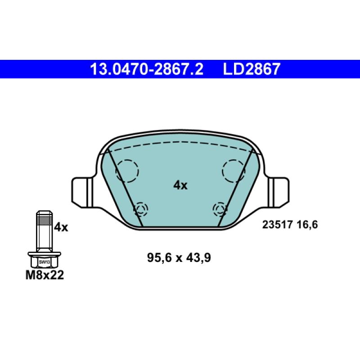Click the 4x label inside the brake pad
click(180, 185)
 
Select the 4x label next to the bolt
click(60, 228)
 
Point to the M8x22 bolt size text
click(44, 275)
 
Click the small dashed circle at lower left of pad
click(141, 208)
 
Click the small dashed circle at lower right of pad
click(220, 208)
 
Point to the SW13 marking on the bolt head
click(44, 261)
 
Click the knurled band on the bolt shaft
click(44, 220)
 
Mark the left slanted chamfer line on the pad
click(126, 189)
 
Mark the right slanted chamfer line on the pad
click(233, 189)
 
